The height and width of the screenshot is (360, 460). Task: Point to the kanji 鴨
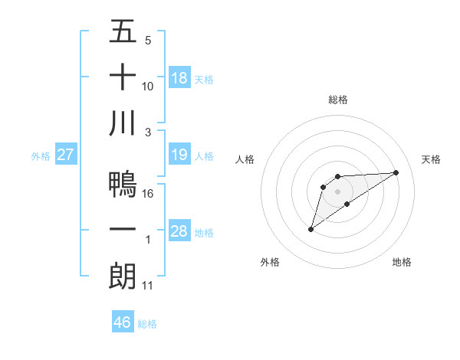pos(123,184)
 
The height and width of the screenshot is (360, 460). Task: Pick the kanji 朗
pos(123,277)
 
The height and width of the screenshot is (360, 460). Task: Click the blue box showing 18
pos(179,77)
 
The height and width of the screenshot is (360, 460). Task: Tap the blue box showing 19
pos(179,155)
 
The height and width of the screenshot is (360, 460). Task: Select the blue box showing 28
pos(179,231)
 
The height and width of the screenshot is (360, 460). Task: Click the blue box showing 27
pos(66,155)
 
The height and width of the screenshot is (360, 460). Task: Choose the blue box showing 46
pos(123,322)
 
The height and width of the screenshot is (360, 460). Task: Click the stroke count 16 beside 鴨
pos(148,193)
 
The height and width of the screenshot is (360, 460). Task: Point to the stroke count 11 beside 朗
pos(148,286)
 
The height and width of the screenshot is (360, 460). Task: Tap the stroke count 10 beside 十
pos(148,87)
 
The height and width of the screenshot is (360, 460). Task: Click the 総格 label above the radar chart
pos(338,100)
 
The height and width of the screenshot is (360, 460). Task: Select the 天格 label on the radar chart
pos(431,159)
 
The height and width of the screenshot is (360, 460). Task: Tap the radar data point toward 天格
pos(396,172)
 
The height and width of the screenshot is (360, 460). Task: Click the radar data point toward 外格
pos(310,228)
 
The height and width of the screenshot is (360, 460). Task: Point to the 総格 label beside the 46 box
pos(147,324)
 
